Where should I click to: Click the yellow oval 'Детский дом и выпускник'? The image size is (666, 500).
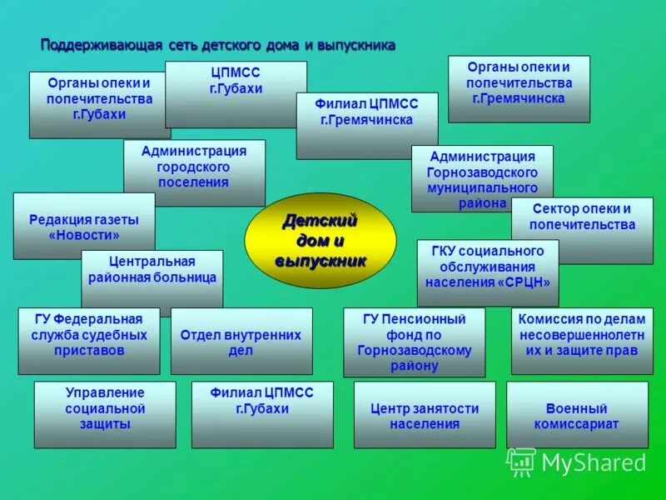[x=320, y=241]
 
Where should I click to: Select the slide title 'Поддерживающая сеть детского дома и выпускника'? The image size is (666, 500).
[x=218, y=45]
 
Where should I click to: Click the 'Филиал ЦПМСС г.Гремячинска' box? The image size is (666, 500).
[x=366, y=113]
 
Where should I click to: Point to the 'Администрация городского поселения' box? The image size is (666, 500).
[x=194, y=167]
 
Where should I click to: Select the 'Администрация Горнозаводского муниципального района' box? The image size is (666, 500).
[x=482, y=177]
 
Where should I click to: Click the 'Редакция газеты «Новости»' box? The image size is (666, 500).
[x=84, y=227]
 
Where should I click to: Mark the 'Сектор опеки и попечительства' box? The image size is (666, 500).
[x=581, y=218]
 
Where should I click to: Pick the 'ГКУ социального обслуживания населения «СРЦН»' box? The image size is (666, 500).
[x=487, y=266]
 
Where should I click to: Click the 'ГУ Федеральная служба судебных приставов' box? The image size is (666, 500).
[x=89, y=336]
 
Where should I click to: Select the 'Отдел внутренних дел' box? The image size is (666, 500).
[x=241, y=342]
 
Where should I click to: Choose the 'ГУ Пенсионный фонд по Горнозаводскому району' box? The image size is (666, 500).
[x=414, y=342]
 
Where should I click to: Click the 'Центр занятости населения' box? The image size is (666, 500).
[x=425, y=415]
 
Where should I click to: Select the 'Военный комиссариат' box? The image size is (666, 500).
[x=577, y=415]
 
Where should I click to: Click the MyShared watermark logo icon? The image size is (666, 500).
[x=521, y=462]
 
